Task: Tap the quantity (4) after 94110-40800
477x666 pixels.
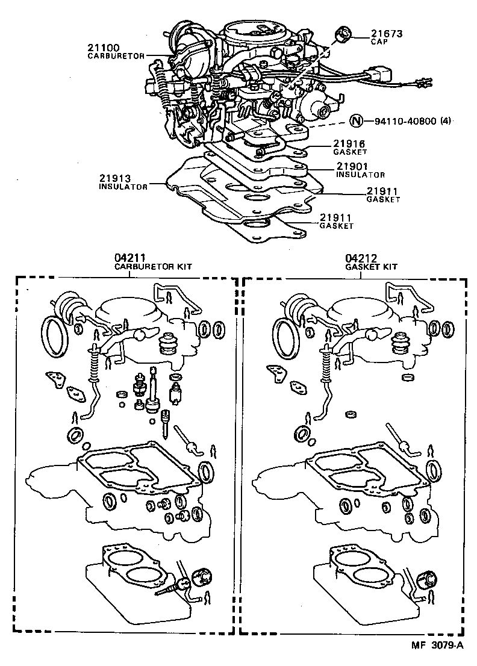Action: click(x=445, y=121)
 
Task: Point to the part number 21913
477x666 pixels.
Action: click(x=115, y=179)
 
